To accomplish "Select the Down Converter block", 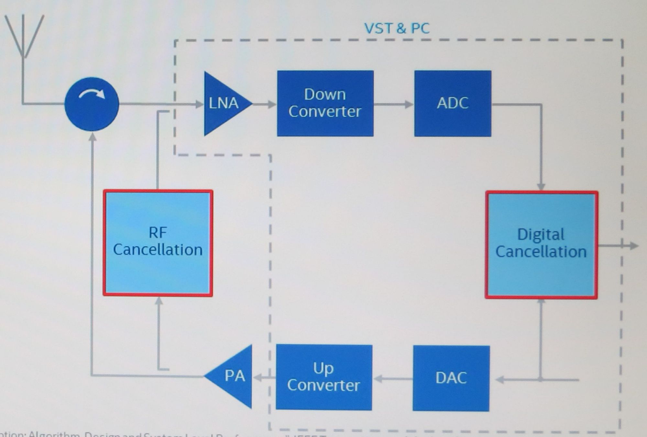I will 325,103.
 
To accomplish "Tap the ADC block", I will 453,103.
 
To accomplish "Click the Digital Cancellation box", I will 541,245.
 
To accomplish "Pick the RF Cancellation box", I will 158,243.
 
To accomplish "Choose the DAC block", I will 451,378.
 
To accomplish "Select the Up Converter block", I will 324,377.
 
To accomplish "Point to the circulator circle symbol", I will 92,104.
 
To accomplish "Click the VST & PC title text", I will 397,28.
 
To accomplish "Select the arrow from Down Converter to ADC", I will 393,104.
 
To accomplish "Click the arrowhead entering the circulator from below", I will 93,137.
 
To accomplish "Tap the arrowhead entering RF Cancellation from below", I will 159,301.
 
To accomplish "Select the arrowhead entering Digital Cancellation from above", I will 541,187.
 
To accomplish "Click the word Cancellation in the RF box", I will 158,250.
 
